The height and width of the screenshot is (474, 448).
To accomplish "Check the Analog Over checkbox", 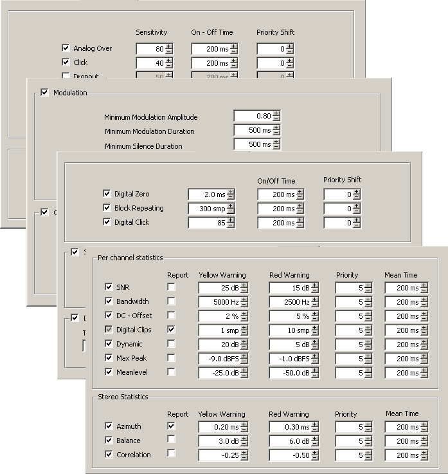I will coord(66,48).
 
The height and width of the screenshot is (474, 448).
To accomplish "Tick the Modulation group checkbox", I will coord(44,93).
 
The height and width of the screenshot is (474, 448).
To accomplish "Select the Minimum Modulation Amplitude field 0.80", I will coord(253,117).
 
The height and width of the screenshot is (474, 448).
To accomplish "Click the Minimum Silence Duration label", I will coord(143,146).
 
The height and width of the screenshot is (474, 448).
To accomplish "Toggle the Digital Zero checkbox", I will coord(107,193).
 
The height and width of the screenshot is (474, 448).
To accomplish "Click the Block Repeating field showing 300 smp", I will coord(207,208).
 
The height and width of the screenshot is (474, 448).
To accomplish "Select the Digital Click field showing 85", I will coord(207,222).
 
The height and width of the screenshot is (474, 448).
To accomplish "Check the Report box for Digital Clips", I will coord(172,330).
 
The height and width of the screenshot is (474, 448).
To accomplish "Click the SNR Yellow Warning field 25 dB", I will coord(219,287).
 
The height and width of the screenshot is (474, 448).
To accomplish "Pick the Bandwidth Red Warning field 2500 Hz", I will coord(289,301).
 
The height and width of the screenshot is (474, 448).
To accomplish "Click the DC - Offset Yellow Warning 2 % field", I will coord(219,316).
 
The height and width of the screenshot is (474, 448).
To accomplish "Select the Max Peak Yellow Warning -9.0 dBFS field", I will coord(219,358).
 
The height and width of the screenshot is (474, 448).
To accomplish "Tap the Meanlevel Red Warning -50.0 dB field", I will coord(289,372).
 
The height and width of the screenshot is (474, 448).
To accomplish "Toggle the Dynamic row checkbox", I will coord(108,344).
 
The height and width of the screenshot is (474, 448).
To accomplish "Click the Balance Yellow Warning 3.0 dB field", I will coord(219,441).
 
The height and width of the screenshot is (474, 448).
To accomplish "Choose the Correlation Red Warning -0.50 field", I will coord(289,455).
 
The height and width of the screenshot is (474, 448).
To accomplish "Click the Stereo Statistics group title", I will coord(122,397).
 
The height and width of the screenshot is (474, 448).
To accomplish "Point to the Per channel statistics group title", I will coord(130,258).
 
